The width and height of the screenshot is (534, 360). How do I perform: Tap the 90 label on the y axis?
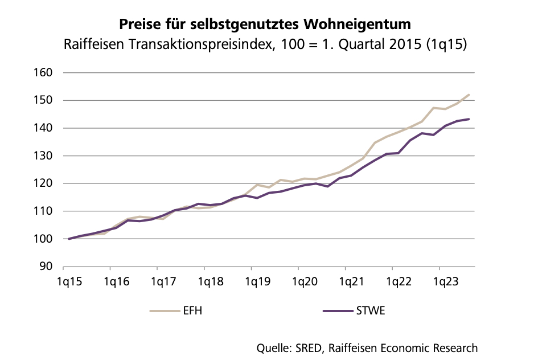point(48,267)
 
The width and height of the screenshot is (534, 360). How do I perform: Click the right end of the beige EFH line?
point(469,95)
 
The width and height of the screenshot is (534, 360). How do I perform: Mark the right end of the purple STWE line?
point(469,119)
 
